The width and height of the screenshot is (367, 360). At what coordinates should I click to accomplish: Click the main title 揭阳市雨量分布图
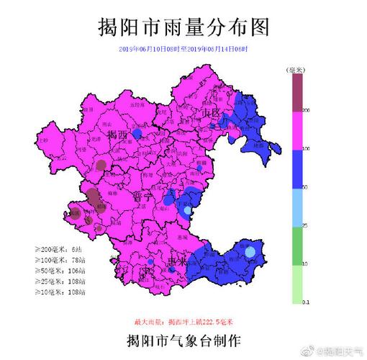(183, 27)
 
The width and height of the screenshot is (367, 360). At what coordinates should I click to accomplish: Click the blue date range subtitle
(183, 48)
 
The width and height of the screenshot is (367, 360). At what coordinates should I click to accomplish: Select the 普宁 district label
(142, 197)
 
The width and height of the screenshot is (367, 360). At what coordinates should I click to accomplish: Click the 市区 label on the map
(209, 113)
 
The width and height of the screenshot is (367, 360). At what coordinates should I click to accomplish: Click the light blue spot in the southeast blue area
(250, 253)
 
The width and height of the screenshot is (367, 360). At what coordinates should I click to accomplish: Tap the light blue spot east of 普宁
(188, 210)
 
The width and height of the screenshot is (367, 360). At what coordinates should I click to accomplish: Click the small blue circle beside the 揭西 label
(137, 134)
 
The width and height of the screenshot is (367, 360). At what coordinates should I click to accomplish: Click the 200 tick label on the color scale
(306, 111)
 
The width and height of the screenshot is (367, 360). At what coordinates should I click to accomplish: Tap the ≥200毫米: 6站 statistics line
(60, 248)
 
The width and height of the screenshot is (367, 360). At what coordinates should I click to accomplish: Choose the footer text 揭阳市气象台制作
(183, 338)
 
